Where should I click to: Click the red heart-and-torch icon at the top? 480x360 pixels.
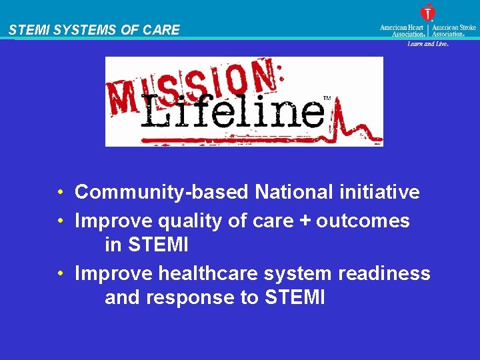click(427, 12)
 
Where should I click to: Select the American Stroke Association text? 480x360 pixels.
click(454, 31)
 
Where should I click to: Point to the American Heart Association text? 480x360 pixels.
click(403, 31)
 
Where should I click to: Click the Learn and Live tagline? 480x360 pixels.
click(428, 44)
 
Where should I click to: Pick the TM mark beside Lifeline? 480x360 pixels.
click(327, 99)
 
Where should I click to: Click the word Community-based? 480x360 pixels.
click(162, 193)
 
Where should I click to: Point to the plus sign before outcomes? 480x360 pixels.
click(305, 221)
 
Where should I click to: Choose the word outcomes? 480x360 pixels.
click(363, 221)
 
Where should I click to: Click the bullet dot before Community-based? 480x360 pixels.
click(61, 193)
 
